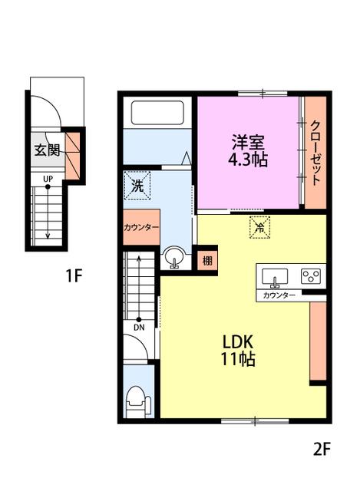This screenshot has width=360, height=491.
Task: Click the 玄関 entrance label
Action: [47, 150]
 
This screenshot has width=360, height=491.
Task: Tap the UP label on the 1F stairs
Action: [48, 179]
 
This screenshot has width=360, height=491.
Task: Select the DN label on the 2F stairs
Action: [139, 328]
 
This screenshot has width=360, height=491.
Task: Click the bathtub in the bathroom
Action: [157, 113]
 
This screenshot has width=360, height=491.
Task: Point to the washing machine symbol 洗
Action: [137, 186]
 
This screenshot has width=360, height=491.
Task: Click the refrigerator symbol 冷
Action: [259, 227]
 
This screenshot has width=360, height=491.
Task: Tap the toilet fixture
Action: [137, 402]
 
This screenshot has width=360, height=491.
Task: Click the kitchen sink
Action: [275, 277]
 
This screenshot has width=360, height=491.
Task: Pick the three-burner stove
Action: [311, 276]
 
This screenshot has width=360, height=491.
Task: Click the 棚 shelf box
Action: [207, 261]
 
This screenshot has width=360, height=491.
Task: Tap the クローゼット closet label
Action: [315, 153]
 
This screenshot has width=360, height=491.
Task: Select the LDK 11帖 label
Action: [238, 351]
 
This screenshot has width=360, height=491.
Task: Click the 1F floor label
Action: [74, 275]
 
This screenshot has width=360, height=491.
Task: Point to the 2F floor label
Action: [322, 450]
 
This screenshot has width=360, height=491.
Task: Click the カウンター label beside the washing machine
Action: [141, 227]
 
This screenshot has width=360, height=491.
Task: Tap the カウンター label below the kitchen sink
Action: [279, 295]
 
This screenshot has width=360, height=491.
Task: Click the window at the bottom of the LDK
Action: [255, 421]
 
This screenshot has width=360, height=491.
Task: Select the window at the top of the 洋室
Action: [263, 93]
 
